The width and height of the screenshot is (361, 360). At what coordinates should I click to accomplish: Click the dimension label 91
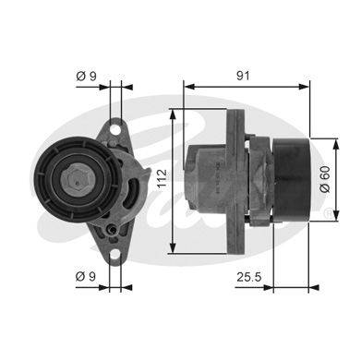point(243,76)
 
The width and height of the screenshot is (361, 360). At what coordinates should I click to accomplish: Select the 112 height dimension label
point(162,178)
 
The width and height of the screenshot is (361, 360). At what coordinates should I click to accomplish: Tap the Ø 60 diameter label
point(325,179)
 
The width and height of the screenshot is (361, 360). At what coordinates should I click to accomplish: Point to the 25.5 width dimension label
point(249,277)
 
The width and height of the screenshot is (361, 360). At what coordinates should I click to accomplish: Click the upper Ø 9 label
point(86,76)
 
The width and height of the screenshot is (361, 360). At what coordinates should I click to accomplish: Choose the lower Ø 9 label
point(86,276)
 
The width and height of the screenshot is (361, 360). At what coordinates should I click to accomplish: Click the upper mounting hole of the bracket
point(115,129)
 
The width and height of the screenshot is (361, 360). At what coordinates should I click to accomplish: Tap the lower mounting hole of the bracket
point(114,255)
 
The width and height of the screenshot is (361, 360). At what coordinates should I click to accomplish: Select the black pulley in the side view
point(292,180)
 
